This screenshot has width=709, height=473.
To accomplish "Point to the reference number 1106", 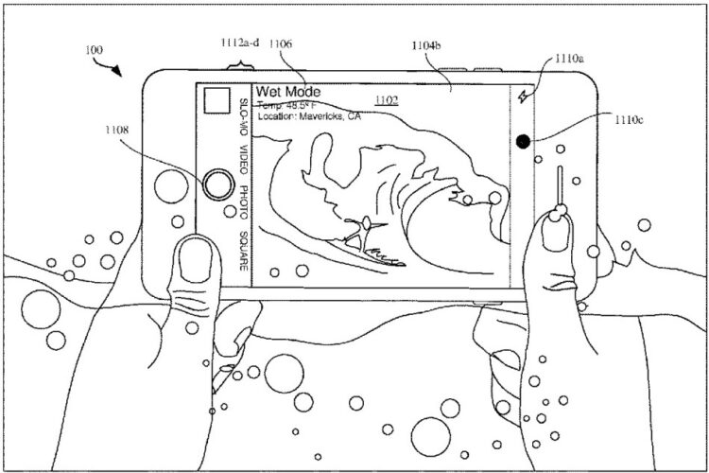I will pyautogui.click(x=280, y=43).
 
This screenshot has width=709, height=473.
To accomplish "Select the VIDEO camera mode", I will pyautogui.click(x=244, y=162).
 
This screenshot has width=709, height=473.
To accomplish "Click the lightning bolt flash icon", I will pyautogui.click(x=522, y=96).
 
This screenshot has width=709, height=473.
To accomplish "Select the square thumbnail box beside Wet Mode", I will pyautogui.click(x=218, y=100).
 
